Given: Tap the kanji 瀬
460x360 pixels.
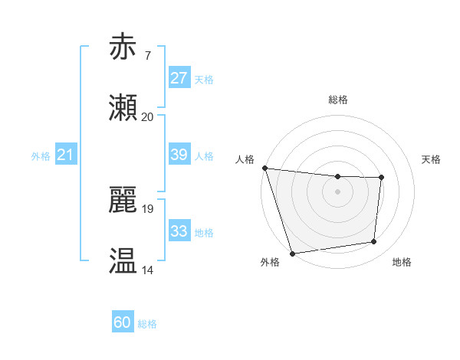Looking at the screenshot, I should [123, 108].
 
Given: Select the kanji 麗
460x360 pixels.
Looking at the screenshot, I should [123, 199].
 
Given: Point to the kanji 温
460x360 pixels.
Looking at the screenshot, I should [123, 261].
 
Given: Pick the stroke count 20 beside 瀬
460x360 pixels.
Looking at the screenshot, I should [147, 117].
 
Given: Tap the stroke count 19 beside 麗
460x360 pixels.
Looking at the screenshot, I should [147, 208].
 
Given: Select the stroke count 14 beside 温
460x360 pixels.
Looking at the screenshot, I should [147, 270].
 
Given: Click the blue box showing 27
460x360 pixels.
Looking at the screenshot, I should [179, 78].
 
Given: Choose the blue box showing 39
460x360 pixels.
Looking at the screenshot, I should [179, 155].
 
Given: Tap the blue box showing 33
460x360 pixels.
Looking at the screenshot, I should [179, 231].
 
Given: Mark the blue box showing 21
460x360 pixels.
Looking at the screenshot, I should [65, 155].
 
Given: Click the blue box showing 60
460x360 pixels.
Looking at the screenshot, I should [122, 322].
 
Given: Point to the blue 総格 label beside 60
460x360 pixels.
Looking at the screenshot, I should [147, 324].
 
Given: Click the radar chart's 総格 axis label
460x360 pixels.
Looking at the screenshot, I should [338, 100].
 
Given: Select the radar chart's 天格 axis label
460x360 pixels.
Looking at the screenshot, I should [432, 159].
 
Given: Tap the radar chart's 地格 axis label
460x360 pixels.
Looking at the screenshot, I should [402, 262].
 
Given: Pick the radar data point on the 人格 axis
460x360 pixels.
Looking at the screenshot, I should [264, 168].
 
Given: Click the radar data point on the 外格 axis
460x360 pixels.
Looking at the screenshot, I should [292, 253].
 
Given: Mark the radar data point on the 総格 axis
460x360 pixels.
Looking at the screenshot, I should [337, 177].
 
